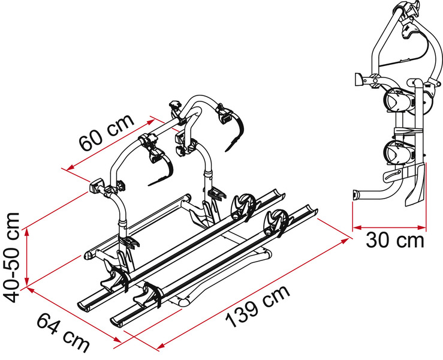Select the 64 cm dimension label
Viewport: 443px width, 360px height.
click(63, 332)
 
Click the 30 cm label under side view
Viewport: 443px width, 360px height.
click(395, 241)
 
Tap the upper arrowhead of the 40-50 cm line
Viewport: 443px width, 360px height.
click(27, 232)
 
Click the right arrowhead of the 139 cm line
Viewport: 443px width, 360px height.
click(345, 241)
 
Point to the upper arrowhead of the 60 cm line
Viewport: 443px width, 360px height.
click(150, 122)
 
